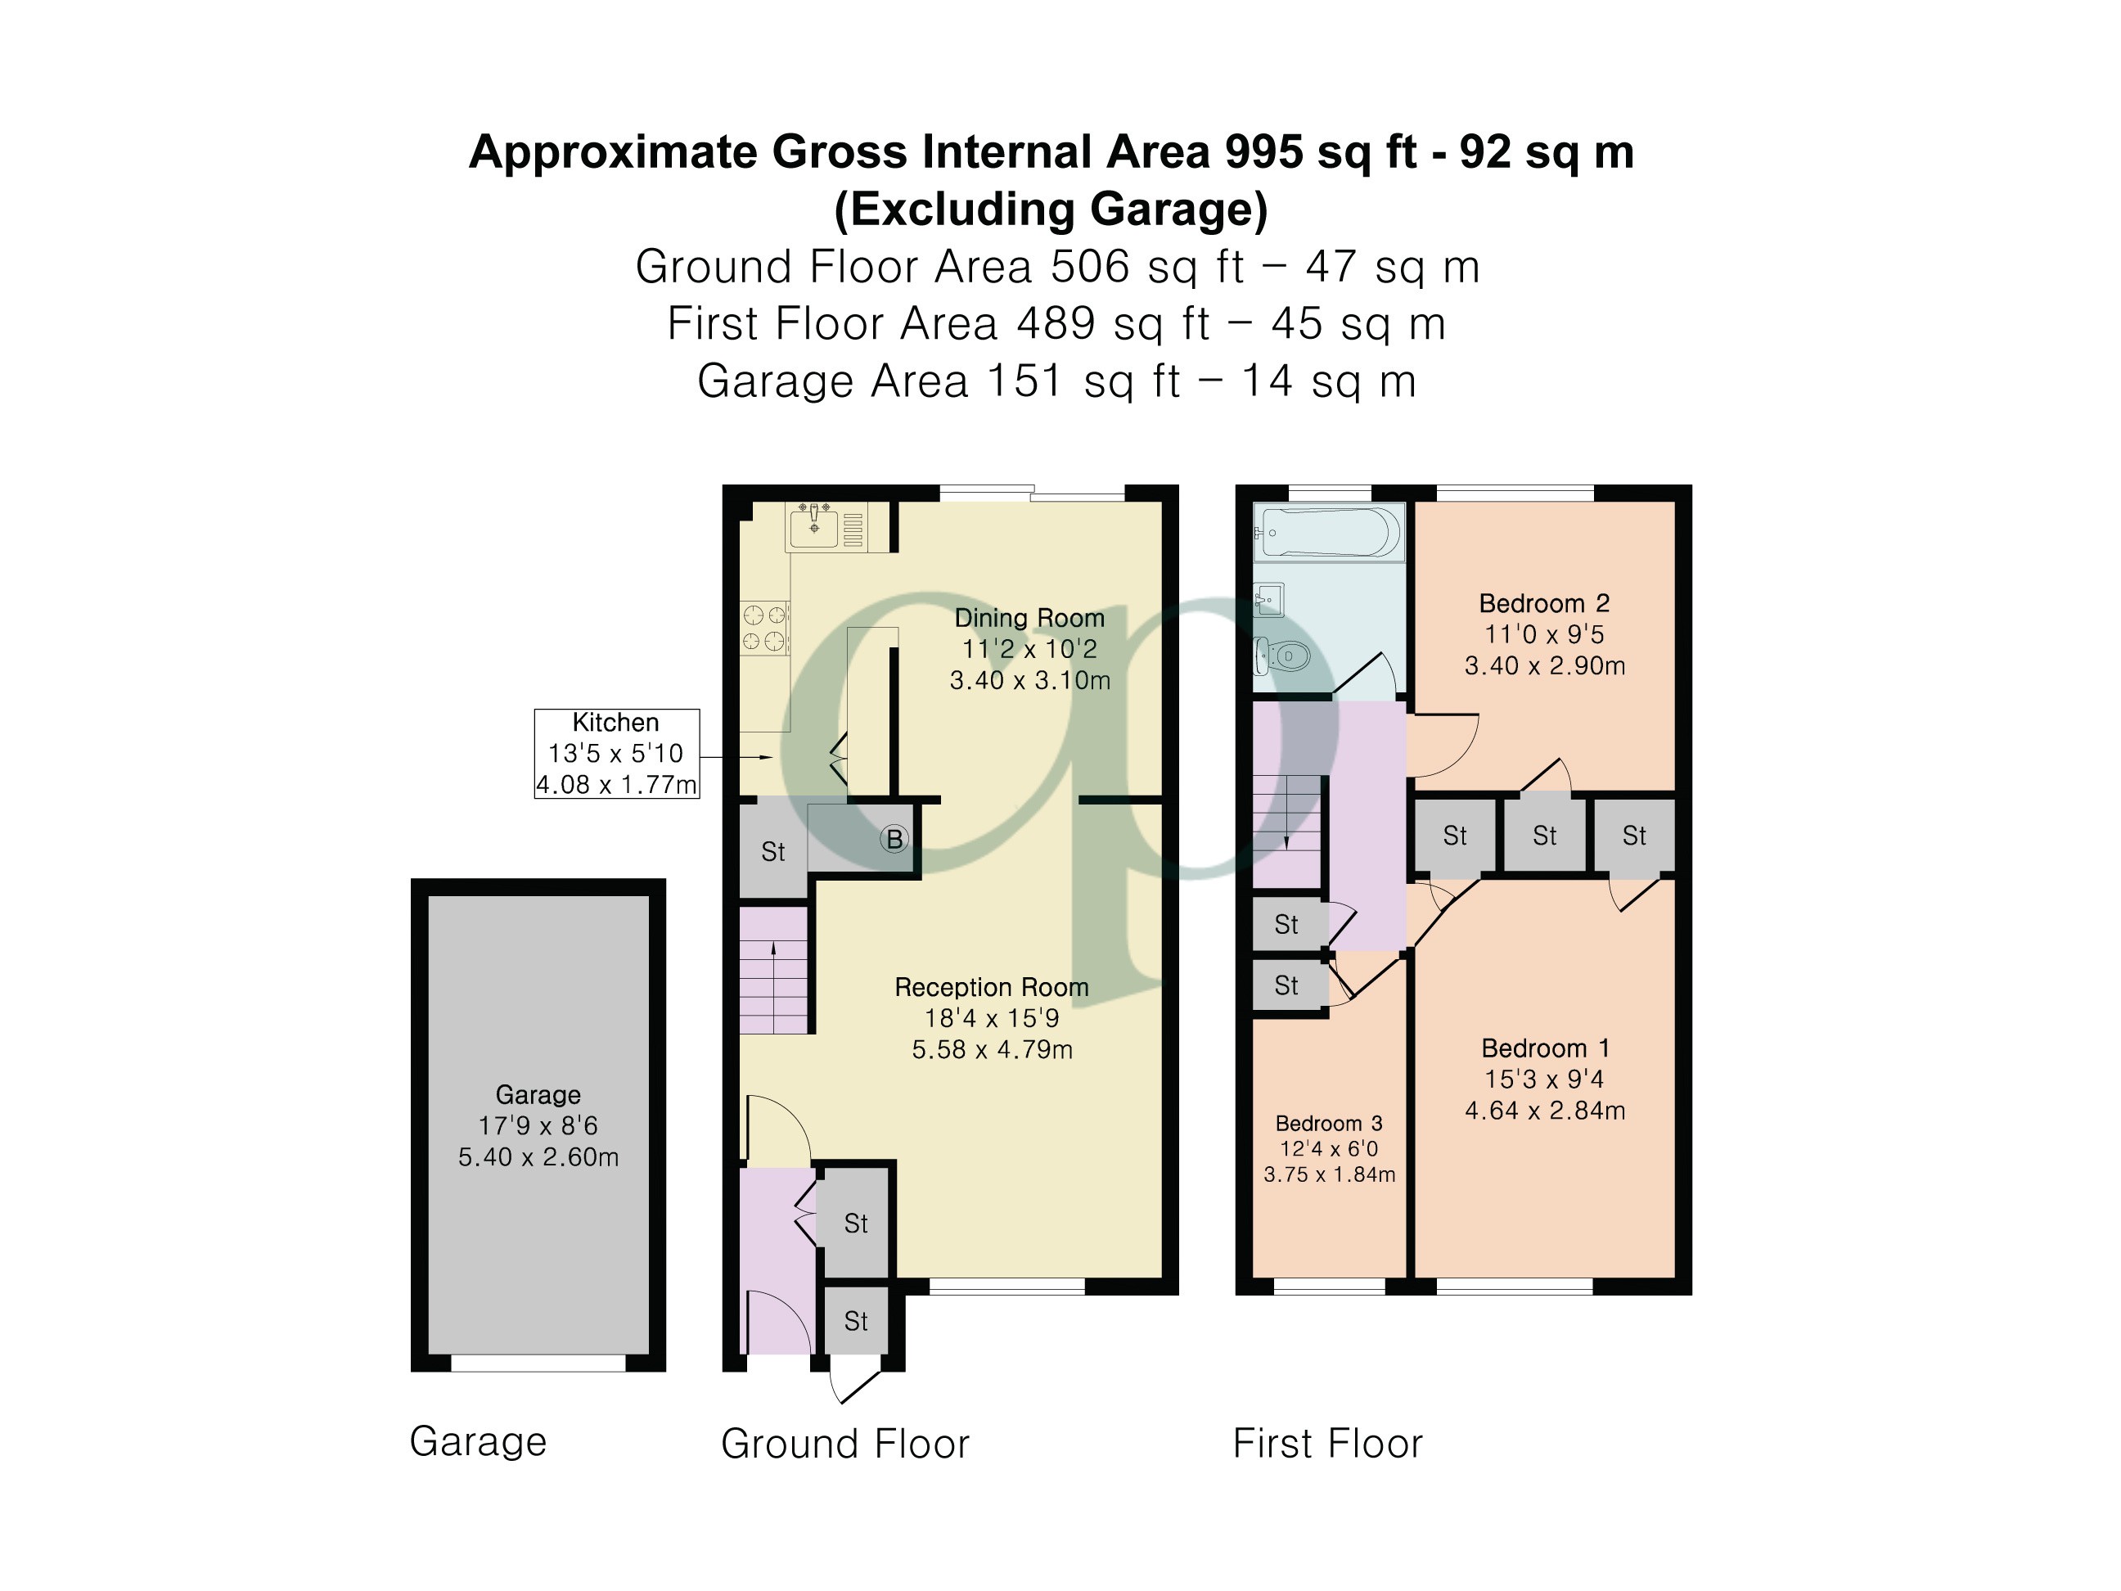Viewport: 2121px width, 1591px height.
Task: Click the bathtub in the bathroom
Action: tap(1329, 532)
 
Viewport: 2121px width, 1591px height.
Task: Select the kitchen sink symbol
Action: tap(813, 526)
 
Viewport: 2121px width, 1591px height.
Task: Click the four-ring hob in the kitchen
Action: tap(764, 629)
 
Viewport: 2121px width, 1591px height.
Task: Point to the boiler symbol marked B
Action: tap(894, 839)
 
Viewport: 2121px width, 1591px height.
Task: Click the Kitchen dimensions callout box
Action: tap(616, 754)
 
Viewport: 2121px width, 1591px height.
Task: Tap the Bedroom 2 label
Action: tap(1544, 603)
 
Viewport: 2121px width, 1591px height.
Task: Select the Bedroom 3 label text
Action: tap(1328, 1123)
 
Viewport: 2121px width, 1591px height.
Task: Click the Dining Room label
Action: tap(1029, 618)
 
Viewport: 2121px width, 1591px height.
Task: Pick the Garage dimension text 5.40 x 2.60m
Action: tap(538, 1156)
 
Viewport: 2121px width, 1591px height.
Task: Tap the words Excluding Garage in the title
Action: tap(1051, 209)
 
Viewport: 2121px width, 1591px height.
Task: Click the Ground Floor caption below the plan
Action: tap(844, 1444)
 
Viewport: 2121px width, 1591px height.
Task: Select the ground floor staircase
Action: tap(772, 971)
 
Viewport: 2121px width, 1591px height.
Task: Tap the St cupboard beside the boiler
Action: tap(772, 850)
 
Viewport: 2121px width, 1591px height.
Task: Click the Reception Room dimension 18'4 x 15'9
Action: tap(992, 1018)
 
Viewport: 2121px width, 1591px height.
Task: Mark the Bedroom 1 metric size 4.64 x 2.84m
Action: tap(1545, 1111)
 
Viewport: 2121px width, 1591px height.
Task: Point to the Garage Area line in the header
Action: tap(1056, 381)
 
